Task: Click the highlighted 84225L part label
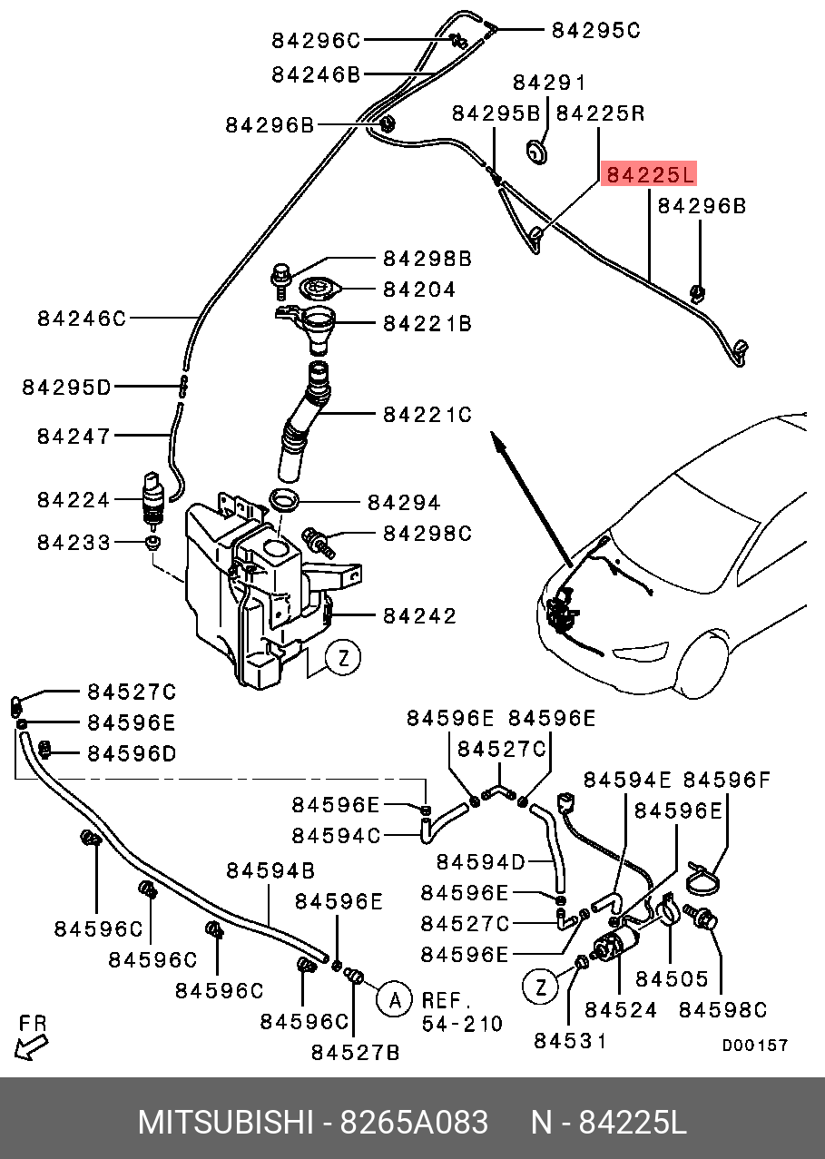tap(649, 174)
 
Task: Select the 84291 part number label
tap(550, 83)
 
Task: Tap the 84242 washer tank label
tap(419, 615)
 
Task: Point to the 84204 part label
tap(419, 290)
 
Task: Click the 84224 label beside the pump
tap(74, 500)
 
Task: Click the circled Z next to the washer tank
tap(343, 657)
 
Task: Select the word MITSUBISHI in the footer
tap(226, 1123)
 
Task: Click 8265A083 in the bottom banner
tap(414, 1123)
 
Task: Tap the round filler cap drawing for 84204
tap(321, 289)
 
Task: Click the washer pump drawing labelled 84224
tap(152, 501)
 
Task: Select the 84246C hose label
tap(82, 319)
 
